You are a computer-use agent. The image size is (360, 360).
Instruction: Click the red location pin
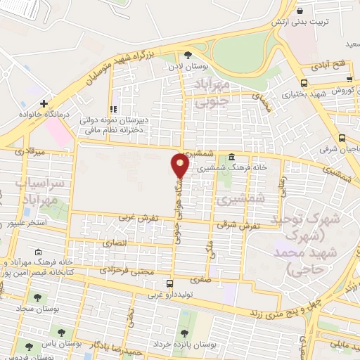[181, 164]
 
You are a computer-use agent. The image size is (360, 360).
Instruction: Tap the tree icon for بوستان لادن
[188, 54]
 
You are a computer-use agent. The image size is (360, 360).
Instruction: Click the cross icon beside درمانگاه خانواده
[44, 103]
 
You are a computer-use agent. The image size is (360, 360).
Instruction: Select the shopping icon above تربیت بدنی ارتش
[300, 12]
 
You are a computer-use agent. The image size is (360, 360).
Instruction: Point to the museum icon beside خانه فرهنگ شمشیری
[232, 157]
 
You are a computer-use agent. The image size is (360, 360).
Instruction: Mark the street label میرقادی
[30, 150]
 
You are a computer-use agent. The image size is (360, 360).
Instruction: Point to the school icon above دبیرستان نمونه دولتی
[112, 110]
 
